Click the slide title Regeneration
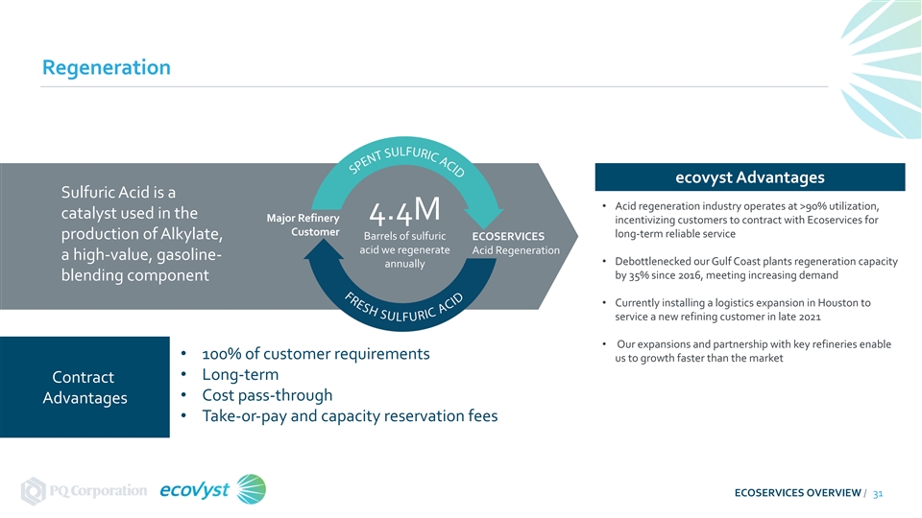[106, 68]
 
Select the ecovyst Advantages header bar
[750, 177]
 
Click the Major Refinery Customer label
[309, 225]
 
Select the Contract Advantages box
[85, 388]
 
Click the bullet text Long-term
[240, 374]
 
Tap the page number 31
[878, 492]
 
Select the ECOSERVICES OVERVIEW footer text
[797, 492]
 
